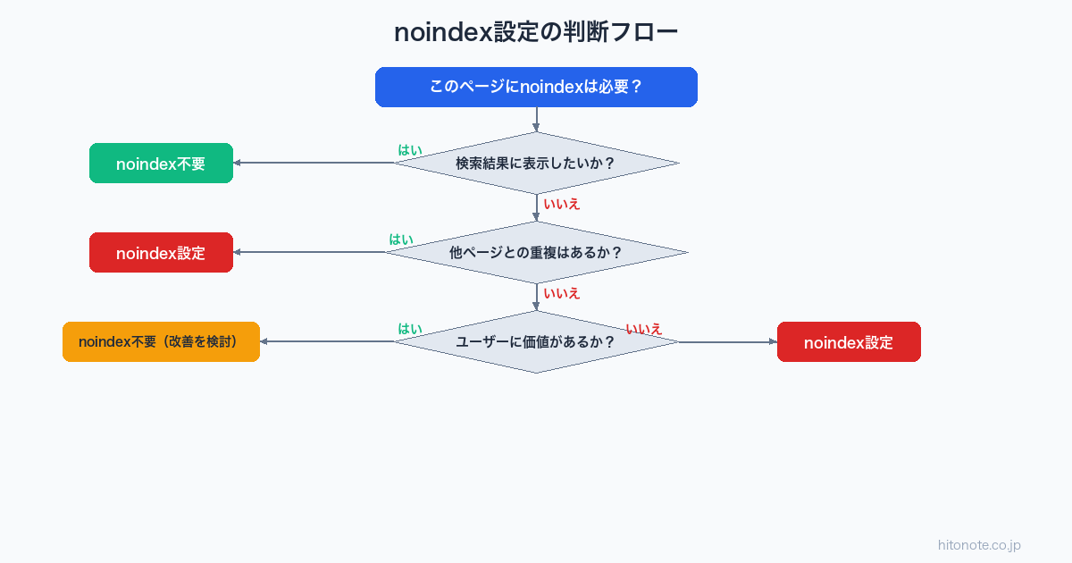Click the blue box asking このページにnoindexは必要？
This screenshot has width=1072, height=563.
536,87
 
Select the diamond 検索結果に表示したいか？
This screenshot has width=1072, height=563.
536,163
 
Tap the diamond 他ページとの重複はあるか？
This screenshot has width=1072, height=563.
536,252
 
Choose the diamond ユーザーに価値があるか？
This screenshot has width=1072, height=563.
536,341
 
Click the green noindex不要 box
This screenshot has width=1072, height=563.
161,164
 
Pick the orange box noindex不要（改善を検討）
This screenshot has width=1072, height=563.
161,341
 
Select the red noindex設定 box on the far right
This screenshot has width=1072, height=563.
849,341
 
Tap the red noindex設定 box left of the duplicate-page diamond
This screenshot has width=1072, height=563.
161,253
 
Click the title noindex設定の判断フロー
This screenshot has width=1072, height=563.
536,32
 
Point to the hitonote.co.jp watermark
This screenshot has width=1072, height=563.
979,545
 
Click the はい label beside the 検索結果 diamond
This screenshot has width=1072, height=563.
410,150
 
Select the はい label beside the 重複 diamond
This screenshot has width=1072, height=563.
401,239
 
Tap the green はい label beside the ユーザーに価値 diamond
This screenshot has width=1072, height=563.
410,329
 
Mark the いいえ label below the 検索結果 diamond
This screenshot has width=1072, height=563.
562,204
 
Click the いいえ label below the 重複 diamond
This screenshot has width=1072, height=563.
562,293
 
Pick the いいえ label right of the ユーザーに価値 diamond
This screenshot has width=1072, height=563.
643,329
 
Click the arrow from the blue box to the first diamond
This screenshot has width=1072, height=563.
536,120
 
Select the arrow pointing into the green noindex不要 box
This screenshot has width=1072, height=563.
313,163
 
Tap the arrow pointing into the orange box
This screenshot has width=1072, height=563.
326,341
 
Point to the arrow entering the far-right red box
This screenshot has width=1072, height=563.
728,341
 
